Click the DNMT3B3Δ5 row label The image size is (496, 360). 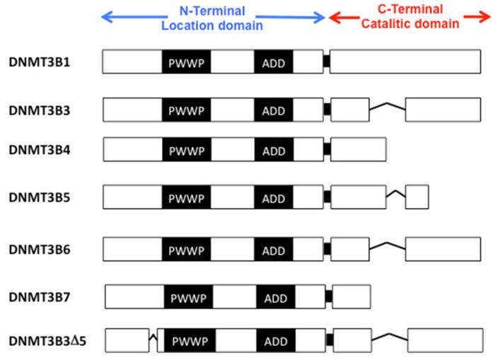[47, 342]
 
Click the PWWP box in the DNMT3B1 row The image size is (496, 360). [185, 62]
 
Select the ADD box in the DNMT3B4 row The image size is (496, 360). [273, 150]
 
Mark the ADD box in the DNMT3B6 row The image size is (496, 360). [273, 250]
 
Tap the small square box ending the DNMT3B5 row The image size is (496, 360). [417, 197]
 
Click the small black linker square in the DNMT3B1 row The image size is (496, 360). [326, 62]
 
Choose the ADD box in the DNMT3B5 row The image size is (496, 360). [273, 197]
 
